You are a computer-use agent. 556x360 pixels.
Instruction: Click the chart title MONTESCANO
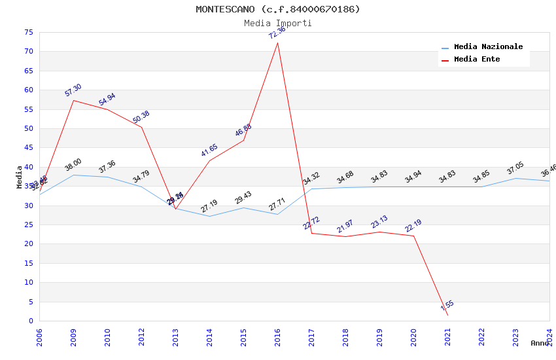(x=278, y=9)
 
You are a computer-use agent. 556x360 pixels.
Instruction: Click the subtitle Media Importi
(x=278, y=23)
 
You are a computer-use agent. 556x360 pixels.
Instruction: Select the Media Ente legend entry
(x=477, y=59)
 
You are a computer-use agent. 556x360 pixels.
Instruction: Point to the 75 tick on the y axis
(x=27, y=32)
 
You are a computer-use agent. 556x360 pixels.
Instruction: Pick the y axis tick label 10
(x=27, y=283)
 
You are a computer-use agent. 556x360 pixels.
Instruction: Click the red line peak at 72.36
(x=277, y=43)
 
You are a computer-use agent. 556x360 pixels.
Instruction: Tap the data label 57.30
(x=73, y=90)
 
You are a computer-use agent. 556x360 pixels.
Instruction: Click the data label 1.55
(x=447, y=305)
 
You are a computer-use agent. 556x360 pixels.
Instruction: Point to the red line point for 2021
(x=447, y=315)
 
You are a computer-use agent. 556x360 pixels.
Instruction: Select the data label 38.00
(x=73, y=164)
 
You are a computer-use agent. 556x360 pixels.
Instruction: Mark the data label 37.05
(x=515, y=168)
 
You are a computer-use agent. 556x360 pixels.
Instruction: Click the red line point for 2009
(x=73, y=100)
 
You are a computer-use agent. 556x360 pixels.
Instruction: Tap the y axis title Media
(x=20, y=177)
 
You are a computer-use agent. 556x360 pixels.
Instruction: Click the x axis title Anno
(x=540, y=343)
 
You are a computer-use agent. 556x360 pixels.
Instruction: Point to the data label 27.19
(x=209, y=206)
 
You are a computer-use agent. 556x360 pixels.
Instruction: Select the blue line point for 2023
(x=515, y=178)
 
